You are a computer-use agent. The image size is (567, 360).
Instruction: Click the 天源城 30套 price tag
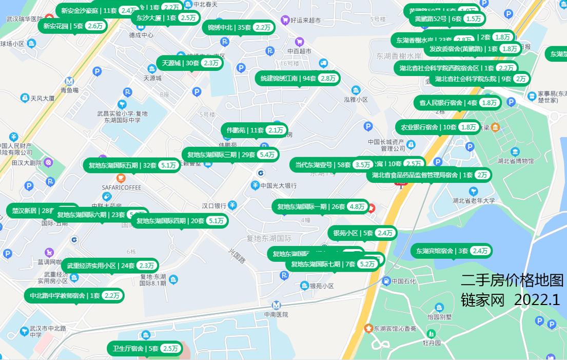click(190, 63)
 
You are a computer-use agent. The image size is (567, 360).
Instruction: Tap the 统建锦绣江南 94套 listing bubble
click(298, 78)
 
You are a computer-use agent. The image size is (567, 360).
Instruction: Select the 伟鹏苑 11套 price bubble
click(255, 130)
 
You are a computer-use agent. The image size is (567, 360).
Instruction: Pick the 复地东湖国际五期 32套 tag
click(132, 165)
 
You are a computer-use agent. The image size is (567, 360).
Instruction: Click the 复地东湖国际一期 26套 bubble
click(321, 206)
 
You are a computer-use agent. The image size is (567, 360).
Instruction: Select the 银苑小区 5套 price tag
click(363, 233)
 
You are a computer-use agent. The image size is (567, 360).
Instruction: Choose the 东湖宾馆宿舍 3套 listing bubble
click(452, 251)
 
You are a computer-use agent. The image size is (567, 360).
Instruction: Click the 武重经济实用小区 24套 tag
click(110, 266)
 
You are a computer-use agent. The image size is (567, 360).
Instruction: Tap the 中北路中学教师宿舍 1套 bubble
click(74, 295)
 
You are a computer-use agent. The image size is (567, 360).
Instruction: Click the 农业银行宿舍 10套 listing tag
click(438, 127)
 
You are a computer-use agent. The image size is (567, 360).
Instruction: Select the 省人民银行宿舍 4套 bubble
click(457, 103)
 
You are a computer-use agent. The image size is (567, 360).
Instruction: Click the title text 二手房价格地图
click(512, 280)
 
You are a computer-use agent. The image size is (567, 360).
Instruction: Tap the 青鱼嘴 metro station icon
click(69, 81)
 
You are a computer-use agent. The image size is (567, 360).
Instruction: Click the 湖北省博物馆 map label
click(515, 161)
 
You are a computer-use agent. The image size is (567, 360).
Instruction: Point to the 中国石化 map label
click(404, 281)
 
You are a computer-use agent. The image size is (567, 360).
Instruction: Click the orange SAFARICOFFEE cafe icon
click(121, 178)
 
